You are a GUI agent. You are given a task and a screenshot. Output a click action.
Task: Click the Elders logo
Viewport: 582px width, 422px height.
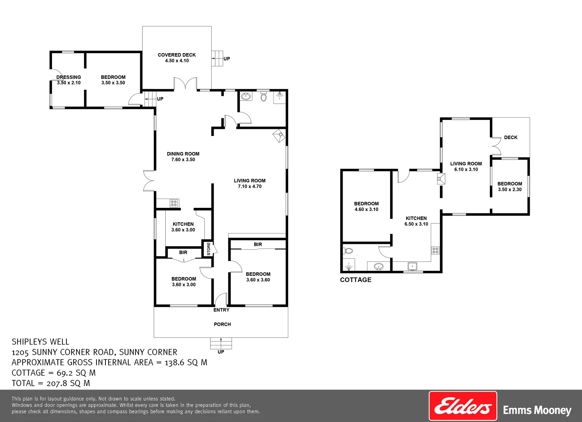[x=463, y=406]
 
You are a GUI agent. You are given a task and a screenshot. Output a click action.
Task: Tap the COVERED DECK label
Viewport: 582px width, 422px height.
[x=177, y=55]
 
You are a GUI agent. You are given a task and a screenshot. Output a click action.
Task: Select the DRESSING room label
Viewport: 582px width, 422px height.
[x=69, y=77]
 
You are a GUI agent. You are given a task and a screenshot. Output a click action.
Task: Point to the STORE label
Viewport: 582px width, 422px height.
[x=209, y=249]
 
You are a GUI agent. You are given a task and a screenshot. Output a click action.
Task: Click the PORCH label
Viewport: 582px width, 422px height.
[x=222, y=324]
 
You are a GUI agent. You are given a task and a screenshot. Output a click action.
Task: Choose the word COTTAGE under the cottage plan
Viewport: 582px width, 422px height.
[x=355, y=280]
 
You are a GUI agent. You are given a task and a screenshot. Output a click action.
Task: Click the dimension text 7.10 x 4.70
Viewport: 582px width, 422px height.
[x=250, y=186]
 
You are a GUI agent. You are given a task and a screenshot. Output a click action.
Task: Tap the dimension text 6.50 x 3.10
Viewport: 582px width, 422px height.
[x=416, y=224]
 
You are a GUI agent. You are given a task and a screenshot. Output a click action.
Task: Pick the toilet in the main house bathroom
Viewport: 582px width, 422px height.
[x=264, y=96]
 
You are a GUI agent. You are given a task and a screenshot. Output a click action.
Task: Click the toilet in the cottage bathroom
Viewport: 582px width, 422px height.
[x=348, y=251]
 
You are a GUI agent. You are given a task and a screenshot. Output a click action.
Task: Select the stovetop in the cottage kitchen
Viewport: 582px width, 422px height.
[x=435, y=250]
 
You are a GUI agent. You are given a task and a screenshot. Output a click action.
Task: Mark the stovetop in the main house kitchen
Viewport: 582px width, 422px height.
[x=174, y=203]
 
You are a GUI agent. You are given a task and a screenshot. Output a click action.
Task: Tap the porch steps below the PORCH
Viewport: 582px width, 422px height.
[x=221, y=343]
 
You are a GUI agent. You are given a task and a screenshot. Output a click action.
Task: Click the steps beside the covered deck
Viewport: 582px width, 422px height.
[x=217, y=59]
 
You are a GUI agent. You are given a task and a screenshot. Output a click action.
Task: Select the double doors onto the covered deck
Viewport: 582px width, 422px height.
[x=185, y=84]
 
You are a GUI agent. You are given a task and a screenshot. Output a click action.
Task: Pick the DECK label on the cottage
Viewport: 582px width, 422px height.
[x=511, y=138]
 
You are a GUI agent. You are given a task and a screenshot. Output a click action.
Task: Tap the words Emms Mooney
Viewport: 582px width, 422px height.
[x=537, y=410]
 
